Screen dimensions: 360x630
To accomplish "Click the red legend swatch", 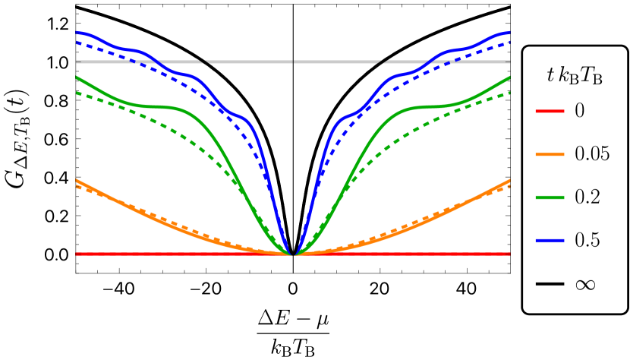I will [550, 112].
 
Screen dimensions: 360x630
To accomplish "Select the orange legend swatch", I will [550, 154].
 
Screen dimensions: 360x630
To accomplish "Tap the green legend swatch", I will [550, 197].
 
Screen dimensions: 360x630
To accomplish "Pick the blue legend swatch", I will [550, 240].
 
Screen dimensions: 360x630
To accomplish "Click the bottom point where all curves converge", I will [293, 254].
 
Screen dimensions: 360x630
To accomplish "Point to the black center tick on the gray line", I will [293, 62].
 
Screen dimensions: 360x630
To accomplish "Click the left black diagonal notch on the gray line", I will [203, 62].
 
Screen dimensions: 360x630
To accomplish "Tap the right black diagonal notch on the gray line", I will [384, 62].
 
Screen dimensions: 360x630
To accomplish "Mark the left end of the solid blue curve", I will [77, 33].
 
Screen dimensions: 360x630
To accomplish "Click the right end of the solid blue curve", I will [509, 33].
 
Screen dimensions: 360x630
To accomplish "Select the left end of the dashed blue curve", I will [77, 43].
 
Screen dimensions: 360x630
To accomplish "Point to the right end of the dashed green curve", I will [509, 93].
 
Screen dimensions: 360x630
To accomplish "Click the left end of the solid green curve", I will [77, 77].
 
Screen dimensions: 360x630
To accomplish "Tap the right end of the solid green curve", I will [509, 77].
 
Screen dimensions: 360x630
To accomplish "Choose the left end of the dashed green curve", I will [77, 93].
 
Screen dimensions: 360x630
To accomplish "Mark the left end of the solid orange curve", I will [77, 181].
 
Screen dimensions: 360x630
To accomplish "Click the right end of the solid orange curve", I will [509, 181].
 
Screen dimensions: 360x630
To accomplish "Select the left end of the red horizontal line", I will [77, 254].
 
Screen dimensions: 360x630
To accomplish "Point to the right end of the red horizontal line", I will [509, 254].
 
